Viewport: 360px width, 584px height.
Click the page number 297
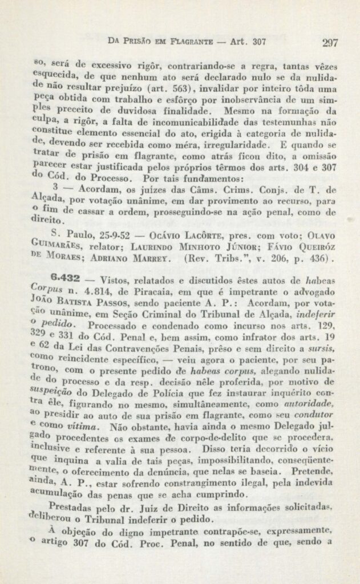click(x=330, y=42)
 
